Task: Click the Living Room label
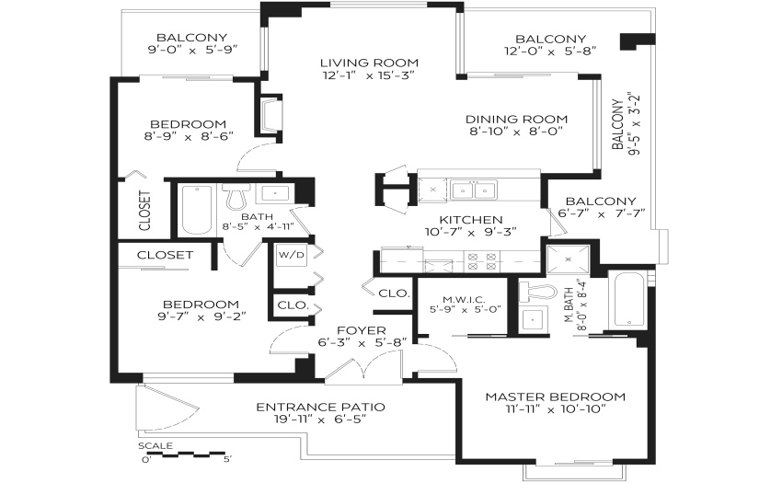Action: pos(369,63)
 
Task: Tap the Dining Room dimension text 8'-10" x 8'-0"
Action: pos(516,132)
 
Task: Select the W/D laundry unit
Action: pos(292,256)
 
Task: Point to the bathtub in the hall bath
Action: pos(197,210)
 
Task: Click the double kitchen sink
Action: pos(473,190)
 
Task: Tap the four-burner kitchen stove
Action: pos(482,261)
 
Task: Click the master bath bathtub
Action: pos(628,300)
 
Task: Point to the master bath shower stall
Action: pos(568,259)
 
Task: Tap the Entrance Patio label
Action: pos(320,408)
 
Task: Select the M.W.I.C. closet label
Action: pos(464,299)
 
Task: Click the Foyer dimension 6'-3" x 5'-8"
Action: pos(362,343)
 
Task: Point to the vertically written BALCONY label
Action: pos(617,124)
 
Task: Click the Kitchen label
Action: pos(471,220)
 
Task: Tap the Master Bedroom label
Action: pos(555,397)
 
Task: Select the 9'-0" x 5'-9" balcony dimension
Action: pos(192,50)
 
